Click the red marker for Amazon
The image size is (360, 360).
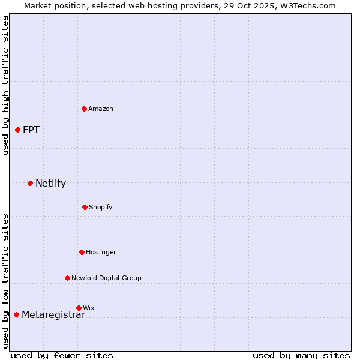point(85,109)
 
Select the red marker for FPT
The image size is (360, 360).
point(18,130)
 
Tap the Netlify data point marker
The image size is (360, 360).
point(31,183)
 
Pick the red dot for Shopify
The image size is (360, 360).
point(85,207)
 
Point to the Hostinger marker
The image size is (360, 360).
point(82,252)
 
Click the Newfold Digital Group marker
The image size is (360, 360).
point(67,278)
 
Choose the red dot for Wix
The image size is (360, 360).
point(79,308)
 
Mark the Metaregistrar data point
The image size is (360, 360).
point(17,314)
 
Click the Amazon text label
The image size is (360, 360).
point(101,109)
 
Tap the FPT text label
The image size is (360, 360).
point(31,130)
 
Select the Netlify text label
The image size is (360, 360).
point(50,183)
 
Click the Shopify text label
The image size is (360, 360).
point(101,207)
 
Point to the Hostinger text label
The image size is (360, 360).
point(101,252)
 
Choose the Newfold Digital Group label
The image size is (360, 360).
point(106,278)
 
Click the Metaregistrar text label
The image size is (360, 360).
point(53,315)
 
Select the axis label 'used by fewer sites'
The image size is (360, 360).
point(62,355)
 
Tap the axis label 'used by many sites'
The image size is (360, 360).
point(301,355)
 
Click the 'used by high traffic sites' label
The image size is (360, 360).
point(5,85)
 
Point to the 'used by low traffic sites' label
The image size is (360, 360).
point(5,281)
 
